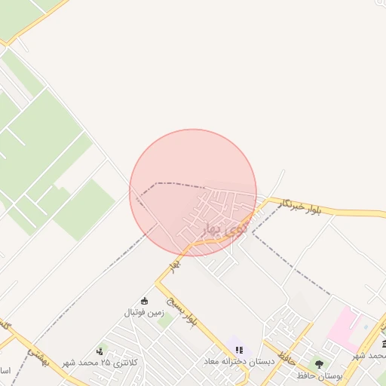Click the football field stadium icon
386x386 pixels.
click(x=144, y=301)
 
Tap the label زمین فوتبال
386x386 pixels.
click(x=144, y=312)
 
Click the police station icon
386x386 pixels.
click(x=100, y=351)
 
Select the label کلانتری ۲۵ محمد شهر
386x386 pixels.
click(x=121, y=362)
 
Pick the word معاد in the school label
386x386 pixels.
click(x=213, y=362)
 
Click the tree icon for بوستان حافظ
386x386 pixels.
click(x=319, y=364)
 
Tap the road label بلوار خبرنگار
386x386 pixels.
click(x=303, y=207)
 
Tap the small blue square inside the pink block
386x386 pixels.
click(x=366, y=327)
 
